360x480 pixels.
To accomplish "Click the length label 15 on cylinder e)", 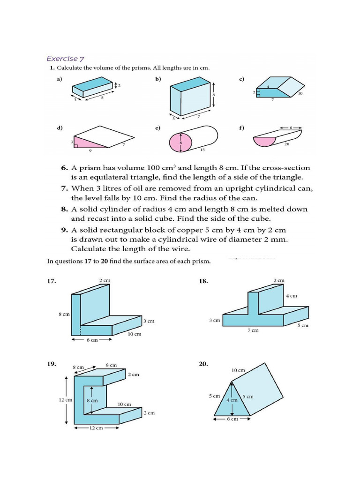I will tap(202, 150).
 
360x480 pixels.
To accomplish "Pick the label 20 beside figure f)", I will tap(286, 145).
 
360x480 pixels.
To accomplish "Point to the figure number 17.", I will tap(52, 281).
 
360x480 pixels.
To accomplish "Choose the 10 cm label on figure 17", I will tap(134, 334).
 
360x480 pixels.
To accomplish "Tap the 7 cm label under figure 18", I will tap(253, 330).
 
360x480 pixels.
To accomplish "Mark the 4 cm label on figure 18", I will tap(291, 296).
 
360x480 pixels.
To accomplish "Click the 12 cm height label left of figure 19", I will tap(65, 400).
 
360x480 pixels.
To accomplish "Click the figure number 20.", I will tap(203, 364).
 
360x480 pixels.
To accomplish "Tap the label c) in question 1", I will tap(241, 79).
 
